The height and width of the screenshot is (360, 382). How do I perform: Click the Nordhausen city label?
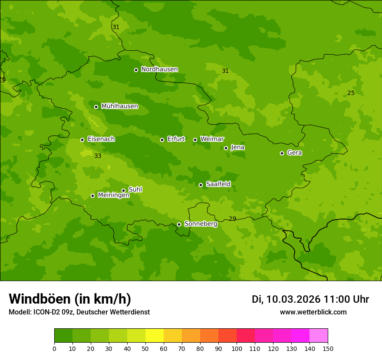point(159,69)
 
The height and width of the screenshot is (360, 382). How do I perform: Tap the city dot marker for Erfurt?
point(162,140)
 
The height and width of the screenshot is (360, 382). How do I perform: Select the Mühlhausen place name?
point(119,106)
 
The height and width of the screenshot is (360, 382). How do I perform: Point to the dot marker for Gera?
point(282,153)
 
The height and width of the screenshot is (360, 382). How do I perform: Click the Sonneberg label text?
point(201,224)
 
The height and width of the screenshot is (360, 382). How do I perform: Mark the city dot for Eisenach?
point(82,140)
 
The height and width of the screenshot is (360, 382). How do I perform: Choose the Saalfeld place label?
point(218,184)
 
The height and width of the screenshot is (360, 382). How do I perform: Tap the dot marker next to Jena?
point(226,148)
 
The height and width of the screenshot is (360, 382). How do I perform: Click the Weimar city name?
point(212,139)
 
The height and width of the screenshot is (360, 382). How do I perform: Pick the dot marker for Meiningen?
point(92,196)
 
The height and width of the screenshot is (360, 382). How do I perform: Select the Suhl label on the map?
point(135,190)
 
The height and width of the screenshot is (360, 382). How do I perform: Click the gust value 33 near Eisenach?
point(98,156)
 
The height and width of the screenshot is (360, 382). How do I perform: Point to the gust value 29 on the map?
point(232,219)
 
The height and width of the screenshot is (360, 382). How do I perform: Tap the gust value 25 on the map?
point(351,93)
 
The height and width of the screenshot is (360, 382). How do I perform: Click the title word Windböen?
point(40,299)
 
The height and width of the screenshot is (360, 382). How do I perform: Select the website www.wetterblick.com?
point(313,312)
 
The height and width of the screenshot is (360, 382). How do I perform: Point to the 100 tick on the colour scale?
point(237,348)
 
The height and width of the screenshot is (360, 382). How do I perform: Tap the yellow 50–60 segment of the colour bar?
point(155,336)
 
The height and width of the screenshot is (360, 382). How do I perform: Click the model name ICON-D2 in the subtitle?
point(47,312)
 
